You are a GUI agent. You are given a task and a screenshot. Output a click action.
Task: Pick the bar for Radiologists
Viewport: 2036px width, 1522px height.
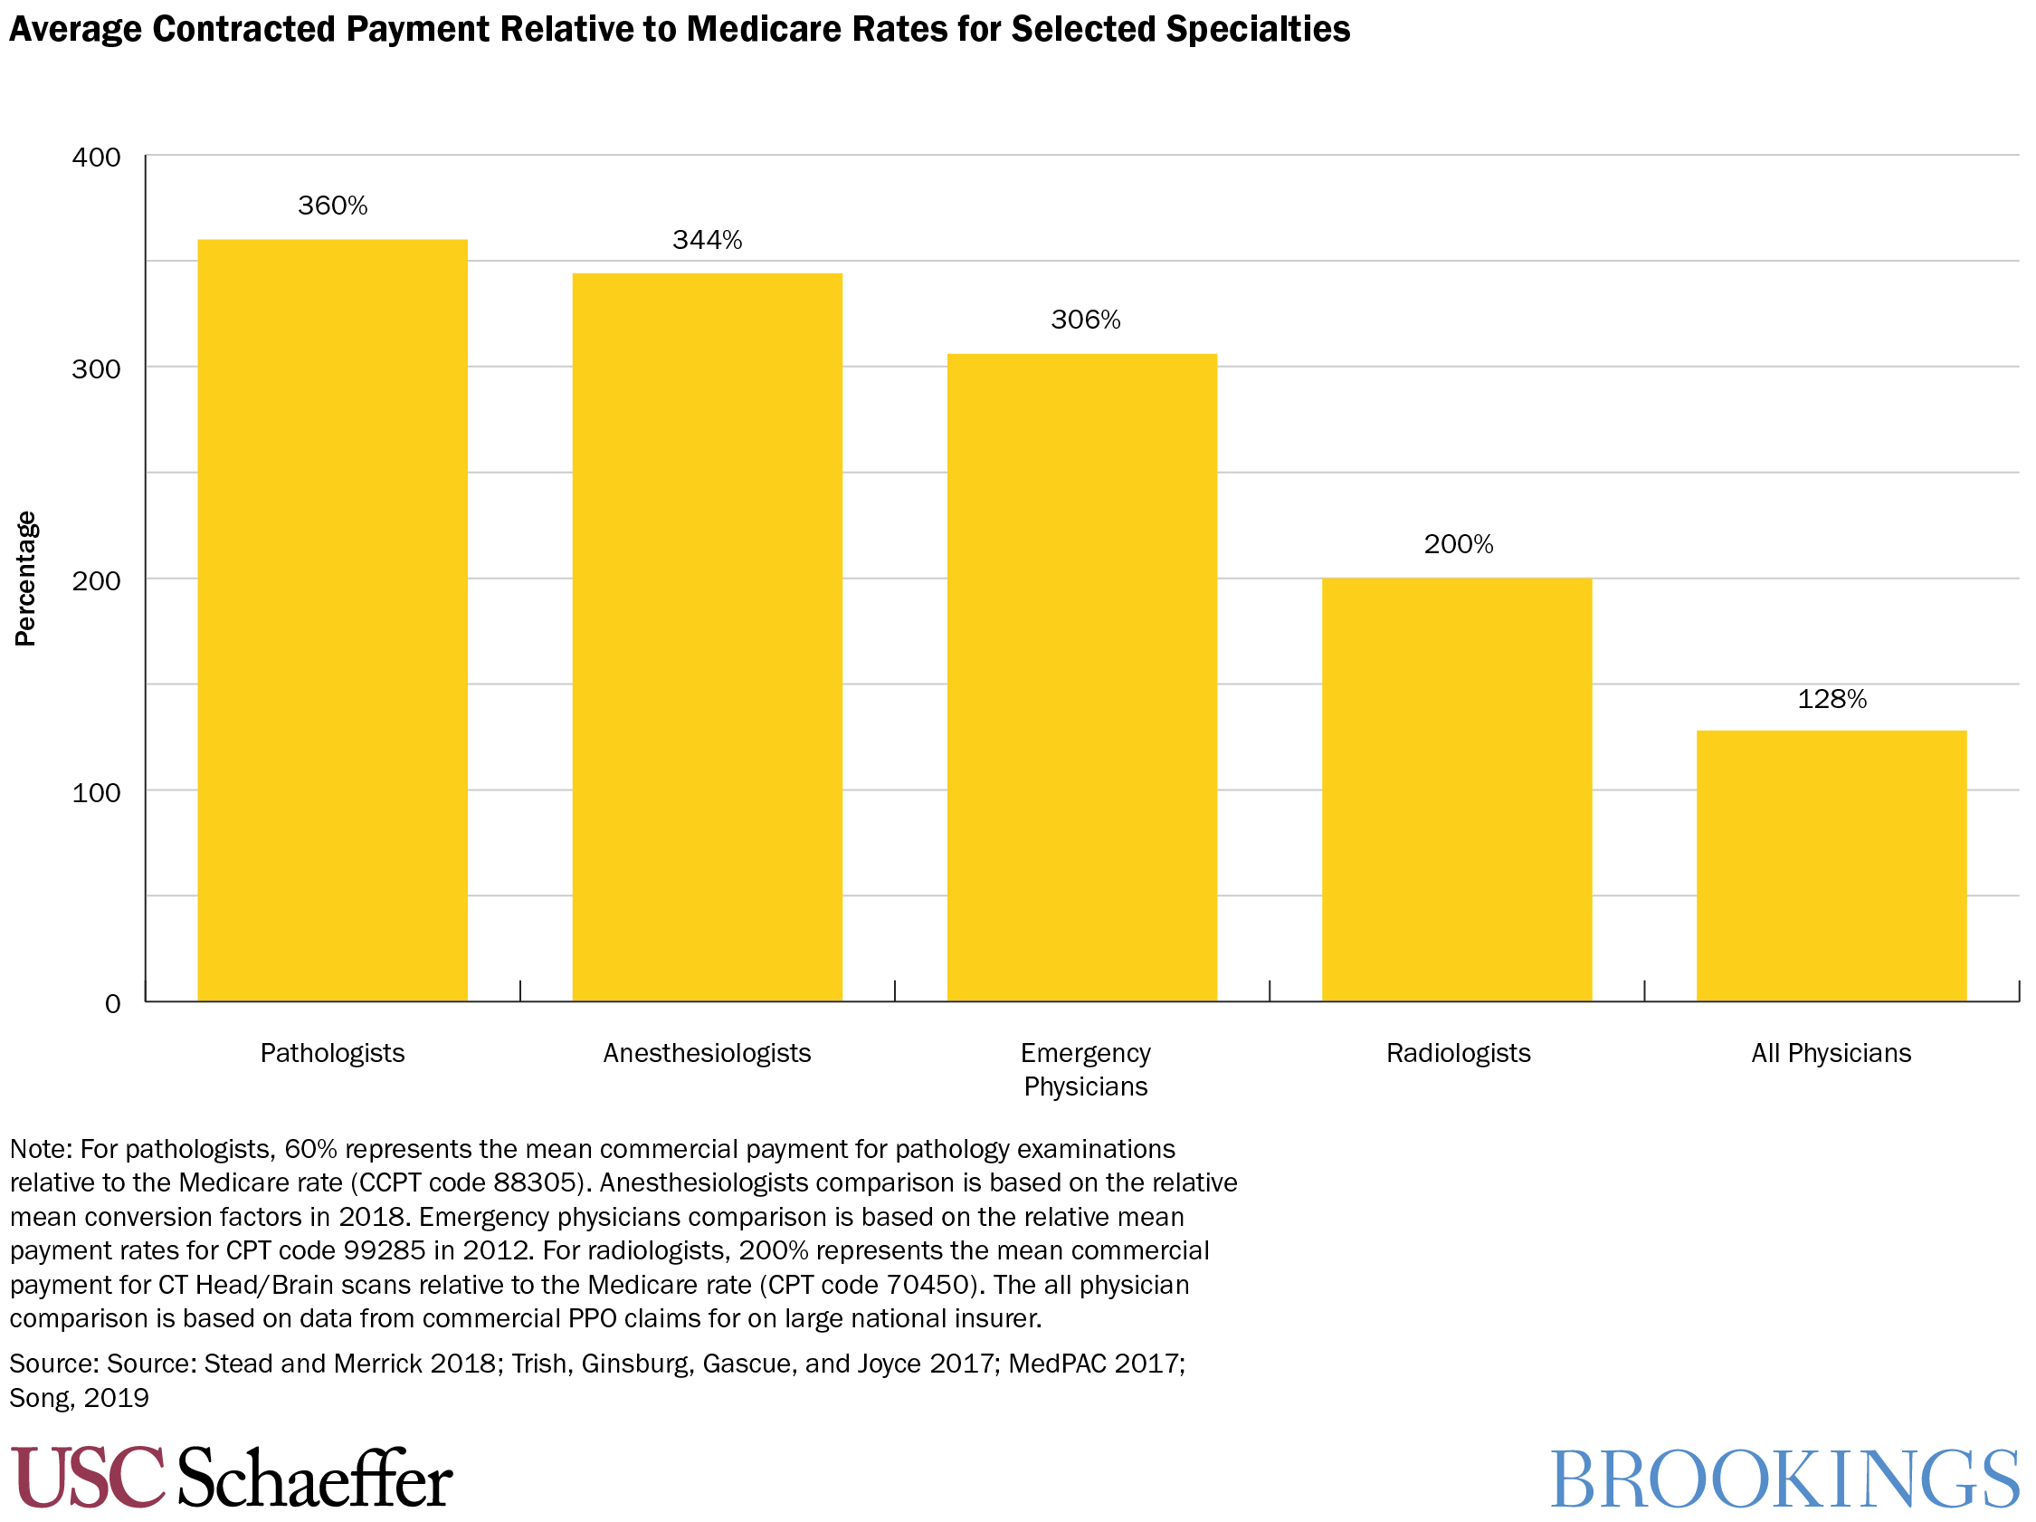(1456, 790)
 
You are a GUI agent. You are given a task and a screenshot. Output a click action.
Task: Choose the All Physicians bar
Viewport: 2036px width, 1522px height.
(1831, 866)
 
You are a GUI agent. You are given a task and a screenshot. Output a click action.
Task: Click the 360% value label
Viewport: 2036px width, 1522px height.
(332, 206)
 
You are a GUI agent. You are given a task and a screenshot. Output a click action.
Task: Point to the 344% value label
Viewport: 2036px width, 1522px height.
(707, 240)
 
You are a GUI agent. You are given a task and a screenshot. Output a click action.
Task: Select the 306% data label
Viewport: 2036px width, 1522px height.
(1085, 320)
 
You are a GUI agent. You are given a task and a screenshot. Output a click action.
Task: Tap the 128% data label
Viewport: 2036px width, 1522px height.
(1831, 699)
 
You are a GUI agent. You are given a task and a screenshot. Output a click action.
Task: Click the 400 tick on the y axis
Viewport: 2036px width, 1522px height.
(97, 158)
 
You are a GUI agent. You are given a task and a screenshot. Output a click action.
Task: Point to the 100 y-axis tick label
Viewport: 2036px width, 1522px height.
(97, 793)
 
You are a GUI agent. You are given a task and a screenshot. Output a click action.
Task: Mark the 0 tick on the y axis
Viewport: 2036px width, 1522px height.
(112, 1003)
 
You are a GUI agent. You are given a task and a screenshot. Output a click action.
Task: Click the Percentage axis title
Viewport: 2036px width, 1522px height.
(24, 579)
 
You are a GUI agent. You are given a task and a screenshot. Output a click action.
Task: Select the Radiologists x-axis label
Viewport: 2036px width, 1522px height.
(1458, 1052)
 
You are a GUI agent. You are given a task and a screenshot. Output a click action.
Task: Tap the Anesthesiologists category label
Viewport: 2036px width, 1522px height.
(707, 1052)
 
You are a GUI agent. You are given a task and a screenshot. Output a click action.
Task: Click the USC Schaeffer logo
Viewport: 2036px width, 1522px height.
(231, 1477)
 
